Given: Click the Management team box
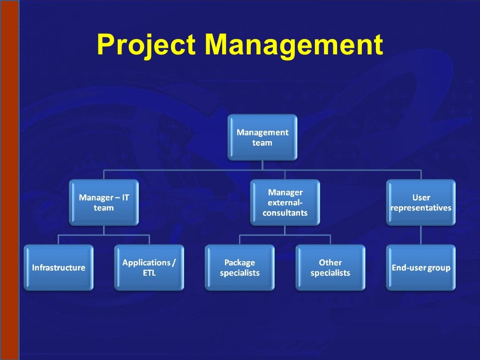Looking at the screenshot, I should coord(262,137).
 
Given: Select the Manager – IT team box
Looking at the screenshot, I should coord(104,202).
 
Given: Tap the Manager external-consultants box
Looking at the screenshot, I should coord(285,202).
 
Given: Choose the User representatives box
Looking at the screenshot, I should coord(421,202).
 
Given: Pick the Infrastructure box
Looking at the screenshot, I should coord(59,268).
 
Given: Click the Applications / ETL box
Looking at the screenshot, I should coord(149,268).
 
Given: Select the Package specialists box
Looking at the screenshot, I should coord(240,268).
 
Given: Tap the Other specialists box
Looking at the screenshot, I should coord(330,268).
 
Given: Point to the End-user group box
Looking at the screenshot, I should coord(421,268).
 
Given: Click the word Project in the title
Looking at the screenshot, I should coord(146,45).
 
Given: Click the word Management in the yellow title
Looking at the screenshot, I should coord(294,45).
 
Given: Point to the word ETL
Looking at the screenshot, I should coord(149,273).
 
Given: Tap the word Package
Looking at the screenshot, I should coord(240,262).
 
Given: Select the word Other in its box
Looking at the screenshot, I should coord(330,262).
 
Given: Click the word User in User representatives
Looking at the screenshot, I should coord(421,197).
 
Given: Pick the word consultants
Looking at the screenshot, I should coord(285,213).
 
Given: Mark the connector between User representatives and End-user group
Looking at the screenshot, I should coord(421,235).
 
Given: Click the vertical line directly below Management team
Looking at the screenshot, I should coord(262,165).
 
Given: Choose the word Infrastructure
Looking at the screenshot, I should coord(59,268).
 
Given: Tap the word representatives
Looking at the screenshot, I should coord(421,208).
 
